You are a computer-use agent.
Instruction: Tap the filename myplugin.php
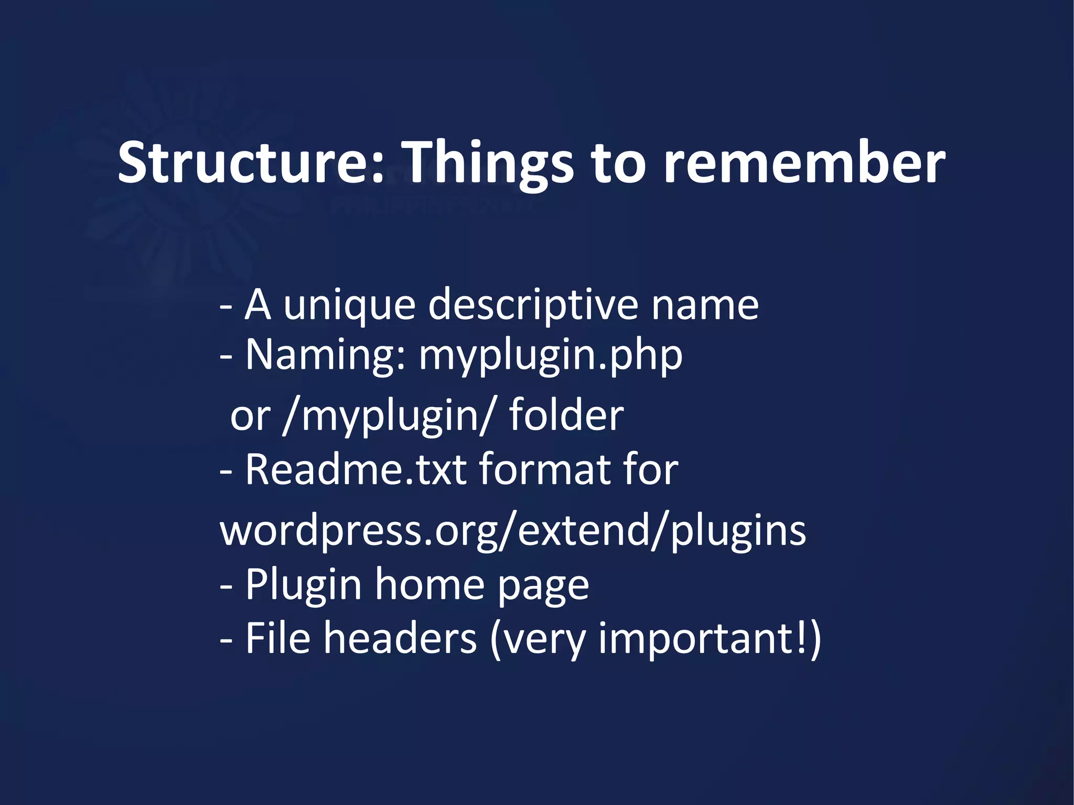(550, 356)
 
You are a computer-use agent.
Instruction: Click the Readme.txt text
(356, 469)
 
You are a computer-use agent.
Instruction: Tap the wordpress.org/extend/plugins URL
(512, 531)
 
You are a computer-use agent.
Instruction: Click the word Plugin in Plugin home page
(303, 585)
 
